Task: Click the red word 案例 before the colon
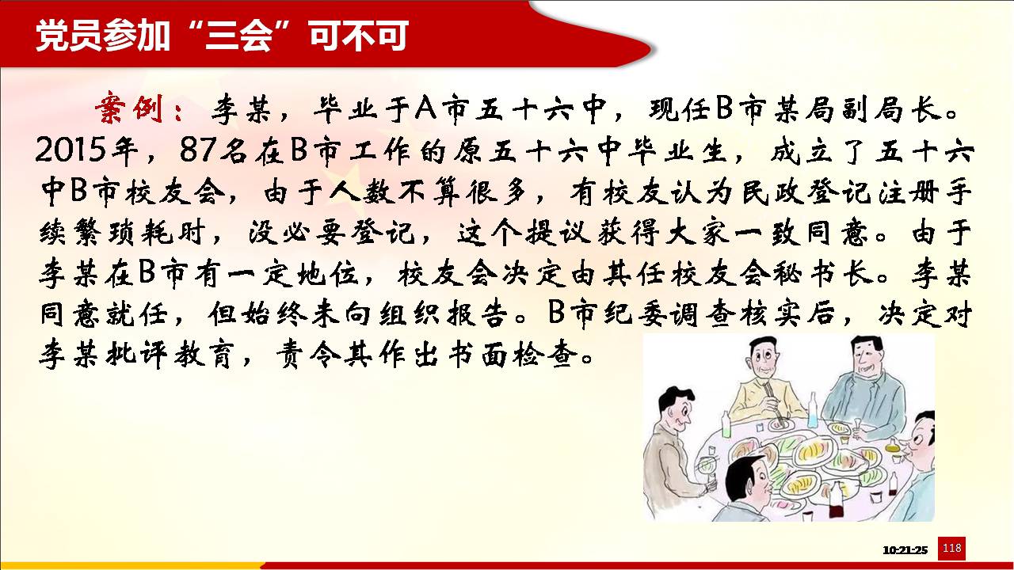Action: click(128, 108)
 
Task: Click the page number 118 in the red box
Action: click(951, 549)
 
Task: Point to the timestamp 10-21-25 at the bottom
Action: click(905, 550)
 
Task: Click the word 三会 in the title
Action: click(238, 36)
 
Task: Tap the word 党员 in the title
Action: click(69, 36)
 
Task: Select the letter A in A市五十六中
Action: click(425, 108)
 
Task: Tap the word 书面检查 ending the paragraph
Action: click(515, 354)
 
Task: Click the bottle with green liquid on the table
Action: click(726, 424)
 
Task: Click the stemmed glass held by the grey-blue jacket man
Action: click(857, 428)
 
